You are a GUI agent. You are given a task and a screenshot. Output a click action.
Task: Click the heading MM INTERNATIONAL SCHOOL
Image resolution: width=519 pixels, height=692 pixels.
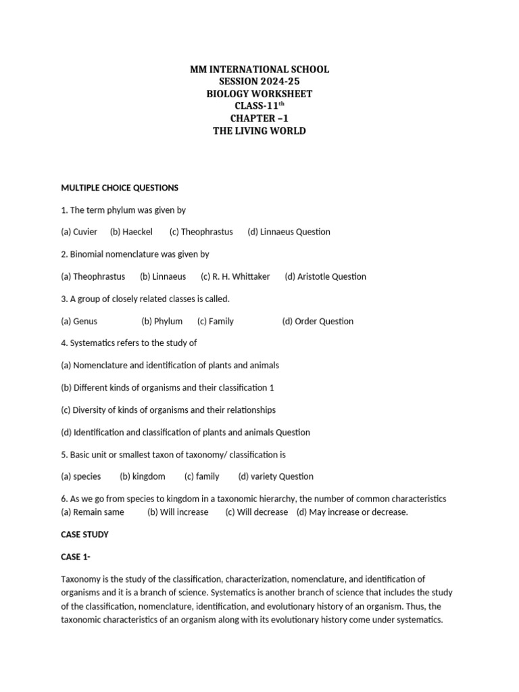[x=259, y=70]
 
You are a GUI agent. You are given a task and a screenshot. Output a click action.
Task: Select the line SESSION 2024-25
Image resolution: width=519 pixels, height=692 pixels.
[x=259, y=82]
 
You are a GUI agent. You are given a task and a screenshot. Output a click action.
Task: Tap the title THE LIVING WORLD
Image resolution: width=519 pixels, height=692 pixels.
[x=259, y=130]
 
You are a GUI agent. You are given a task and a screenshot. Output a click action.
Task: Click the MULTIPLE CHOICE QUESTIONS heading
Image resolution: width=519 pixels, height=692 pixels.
[x=120, y=187]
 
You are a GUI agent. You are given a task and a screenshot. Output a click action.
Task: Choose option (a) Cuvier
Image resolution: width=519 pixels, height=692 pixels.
[x=79, y=232]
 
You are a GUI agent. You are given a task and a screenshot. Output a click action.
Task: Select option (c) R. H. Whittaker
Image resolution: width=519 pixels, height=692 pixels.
[x=235, y=276]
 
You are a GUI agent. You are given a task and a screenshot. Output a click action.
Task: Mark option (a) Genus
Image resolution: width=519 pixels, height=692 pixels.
[x=79, y=321]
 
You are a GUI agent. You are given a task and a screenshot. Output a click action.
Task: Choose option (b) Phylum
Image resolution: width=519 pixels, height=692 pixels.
[x=162, y=321]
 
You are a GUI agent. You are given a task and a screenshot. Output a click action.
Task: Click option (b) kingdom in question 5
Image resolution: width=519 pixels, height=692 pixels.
[x=143, y=476]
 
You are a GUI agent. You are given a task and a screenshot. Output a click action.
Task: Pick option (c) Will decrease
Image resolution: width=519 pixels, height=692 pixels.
[x=257, y=512]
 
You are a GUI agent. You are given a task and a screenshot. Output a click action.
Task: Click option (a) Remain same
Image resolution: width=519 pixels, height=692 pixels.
[x=93, y=512]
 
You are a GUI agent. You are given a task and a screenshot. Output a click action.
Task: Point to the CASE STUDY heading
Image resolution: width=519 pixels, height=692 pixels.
[x=84, y=535]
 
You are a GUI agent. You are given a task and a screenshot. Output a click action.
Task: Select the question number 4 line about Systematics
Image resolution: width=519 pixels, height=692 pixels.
[x=128, y=343]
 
